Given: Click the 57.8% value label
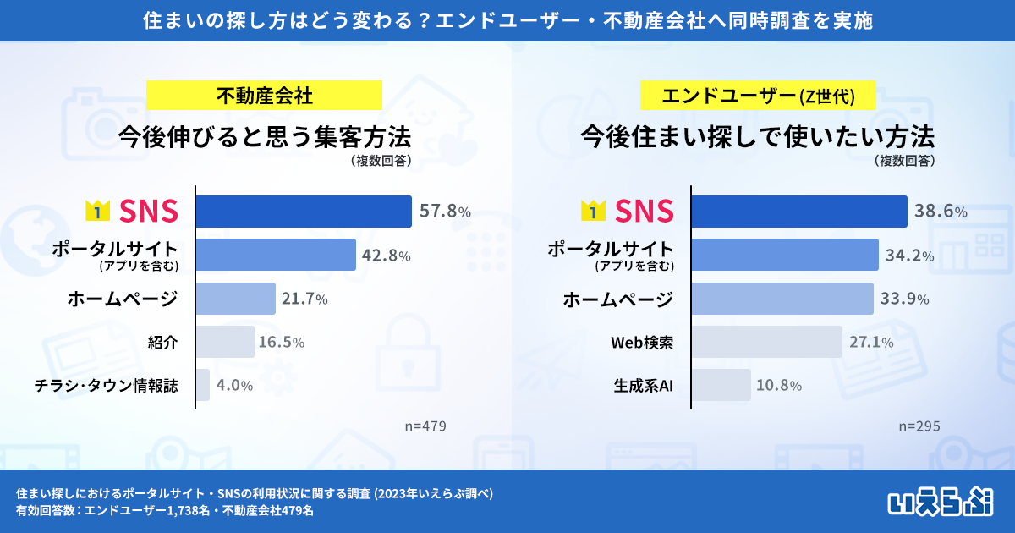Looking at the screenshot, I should [x=445, y=212].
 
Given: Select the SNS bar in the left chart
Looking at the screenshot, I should [x=304, y=212].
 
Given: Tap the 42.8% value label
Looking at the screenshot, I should [x=387, y=256].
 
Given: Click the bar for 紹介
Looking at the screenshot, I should [x=225, y=342].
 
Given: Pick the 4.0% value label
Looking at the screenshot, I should [x=235, y=386].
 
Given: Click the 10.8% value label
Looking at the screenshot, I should [x=778, y=386].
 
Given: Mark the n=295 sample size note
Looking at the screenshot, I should [x=919, y=426].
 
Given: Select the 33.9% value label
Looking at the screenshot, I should [x=905, y=299].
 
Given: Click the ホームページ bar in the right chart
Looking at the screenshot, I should [x=782, y=299].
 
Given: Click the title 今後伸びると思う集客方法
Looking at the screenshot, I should [x=264, y=135].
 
